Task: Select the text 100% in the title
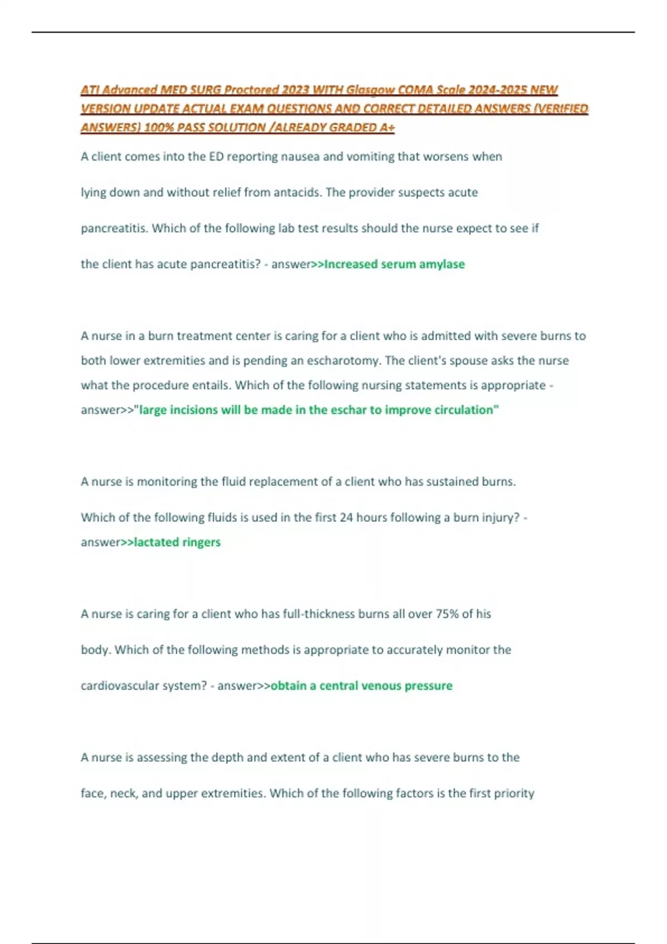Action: (156, 128)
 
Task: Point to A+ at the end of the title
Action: (387, 128)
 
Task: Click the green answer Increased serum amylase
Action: (394, 264)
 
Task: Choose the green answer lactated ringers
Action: (177, 543)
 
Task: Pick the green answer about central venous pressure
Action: (361, 686)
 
